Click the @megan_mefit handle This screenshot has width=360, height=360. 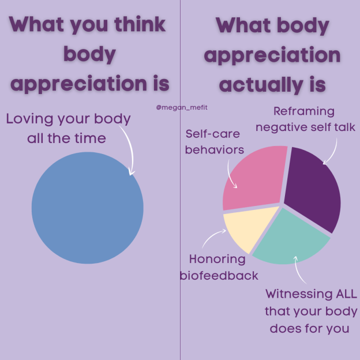point(179,107)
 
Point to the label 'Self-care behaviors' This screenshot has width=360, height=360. point(215,142)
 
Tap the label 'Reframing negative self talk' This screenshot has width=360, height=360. point(306,119)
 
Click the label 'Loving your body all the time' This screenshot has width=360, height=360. point(69,128)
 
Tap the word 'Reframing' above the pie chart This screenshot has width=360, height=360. point(304,111)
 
